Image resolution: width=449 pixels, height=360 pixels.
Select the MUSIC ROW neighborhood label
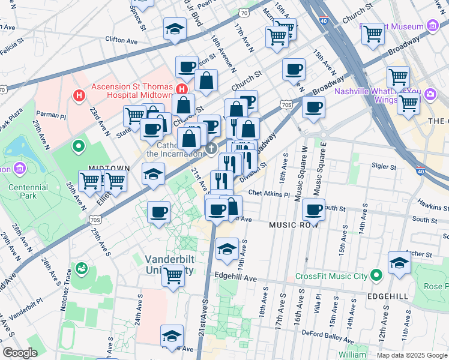pos(292,224)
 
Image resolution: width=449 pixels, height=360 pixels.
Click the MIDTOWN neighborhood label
pos(109,169)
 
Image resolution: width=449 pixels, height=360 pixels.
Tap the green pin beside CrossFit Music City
pos(376,276)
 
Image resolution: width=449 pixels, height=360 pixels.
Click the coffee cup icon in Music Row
pos(313,210)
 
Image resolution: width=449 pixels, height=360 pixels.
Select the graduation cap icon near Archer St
pos(400,262)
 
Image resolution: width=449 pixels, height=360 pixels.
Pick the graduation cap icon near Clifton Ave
pos(175,28)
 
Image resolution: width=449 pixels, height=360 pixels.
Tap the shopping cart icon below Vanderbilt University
pos(173,276)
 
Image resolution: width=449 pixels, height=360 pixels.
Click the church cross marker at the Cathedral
pos(211,148)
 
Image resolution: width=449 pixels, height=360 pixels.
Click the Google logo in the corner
pos(20,353)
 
